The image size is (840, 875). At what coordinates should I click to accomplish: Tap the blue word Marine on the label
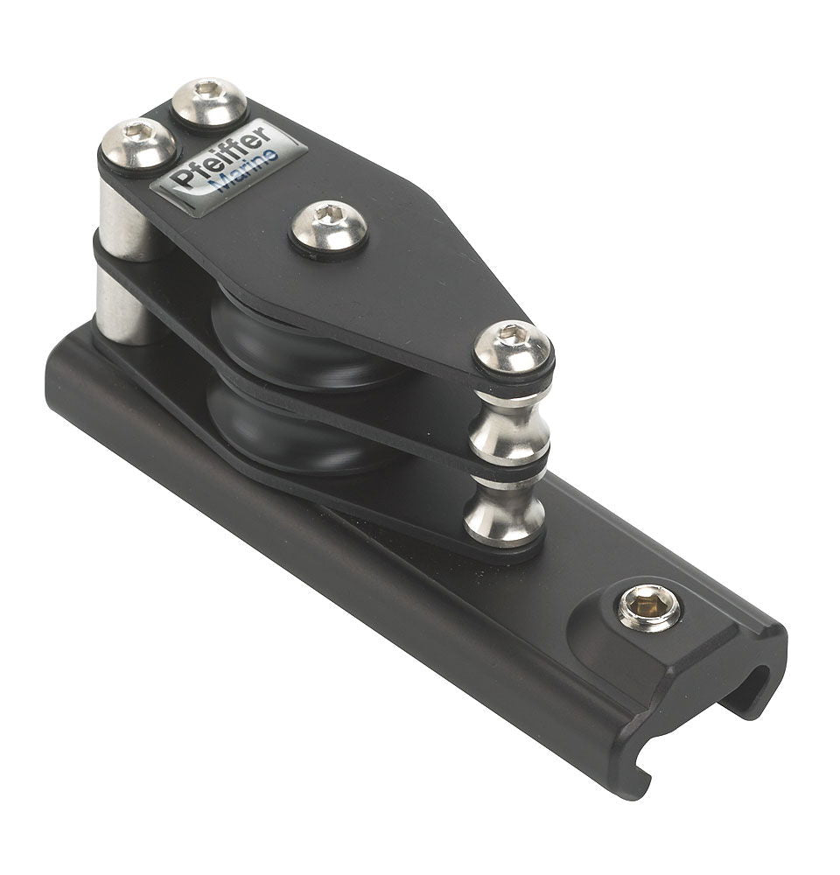click(247, 171)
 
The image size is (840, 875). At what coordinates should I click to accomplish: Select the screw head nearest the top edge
click(209, 102)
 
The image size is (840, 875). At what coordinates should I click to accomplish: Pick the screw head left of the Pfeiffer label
click(137, 144)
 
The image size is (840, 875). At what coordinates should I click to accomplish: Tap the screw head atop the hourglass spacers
click(512, 347)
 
